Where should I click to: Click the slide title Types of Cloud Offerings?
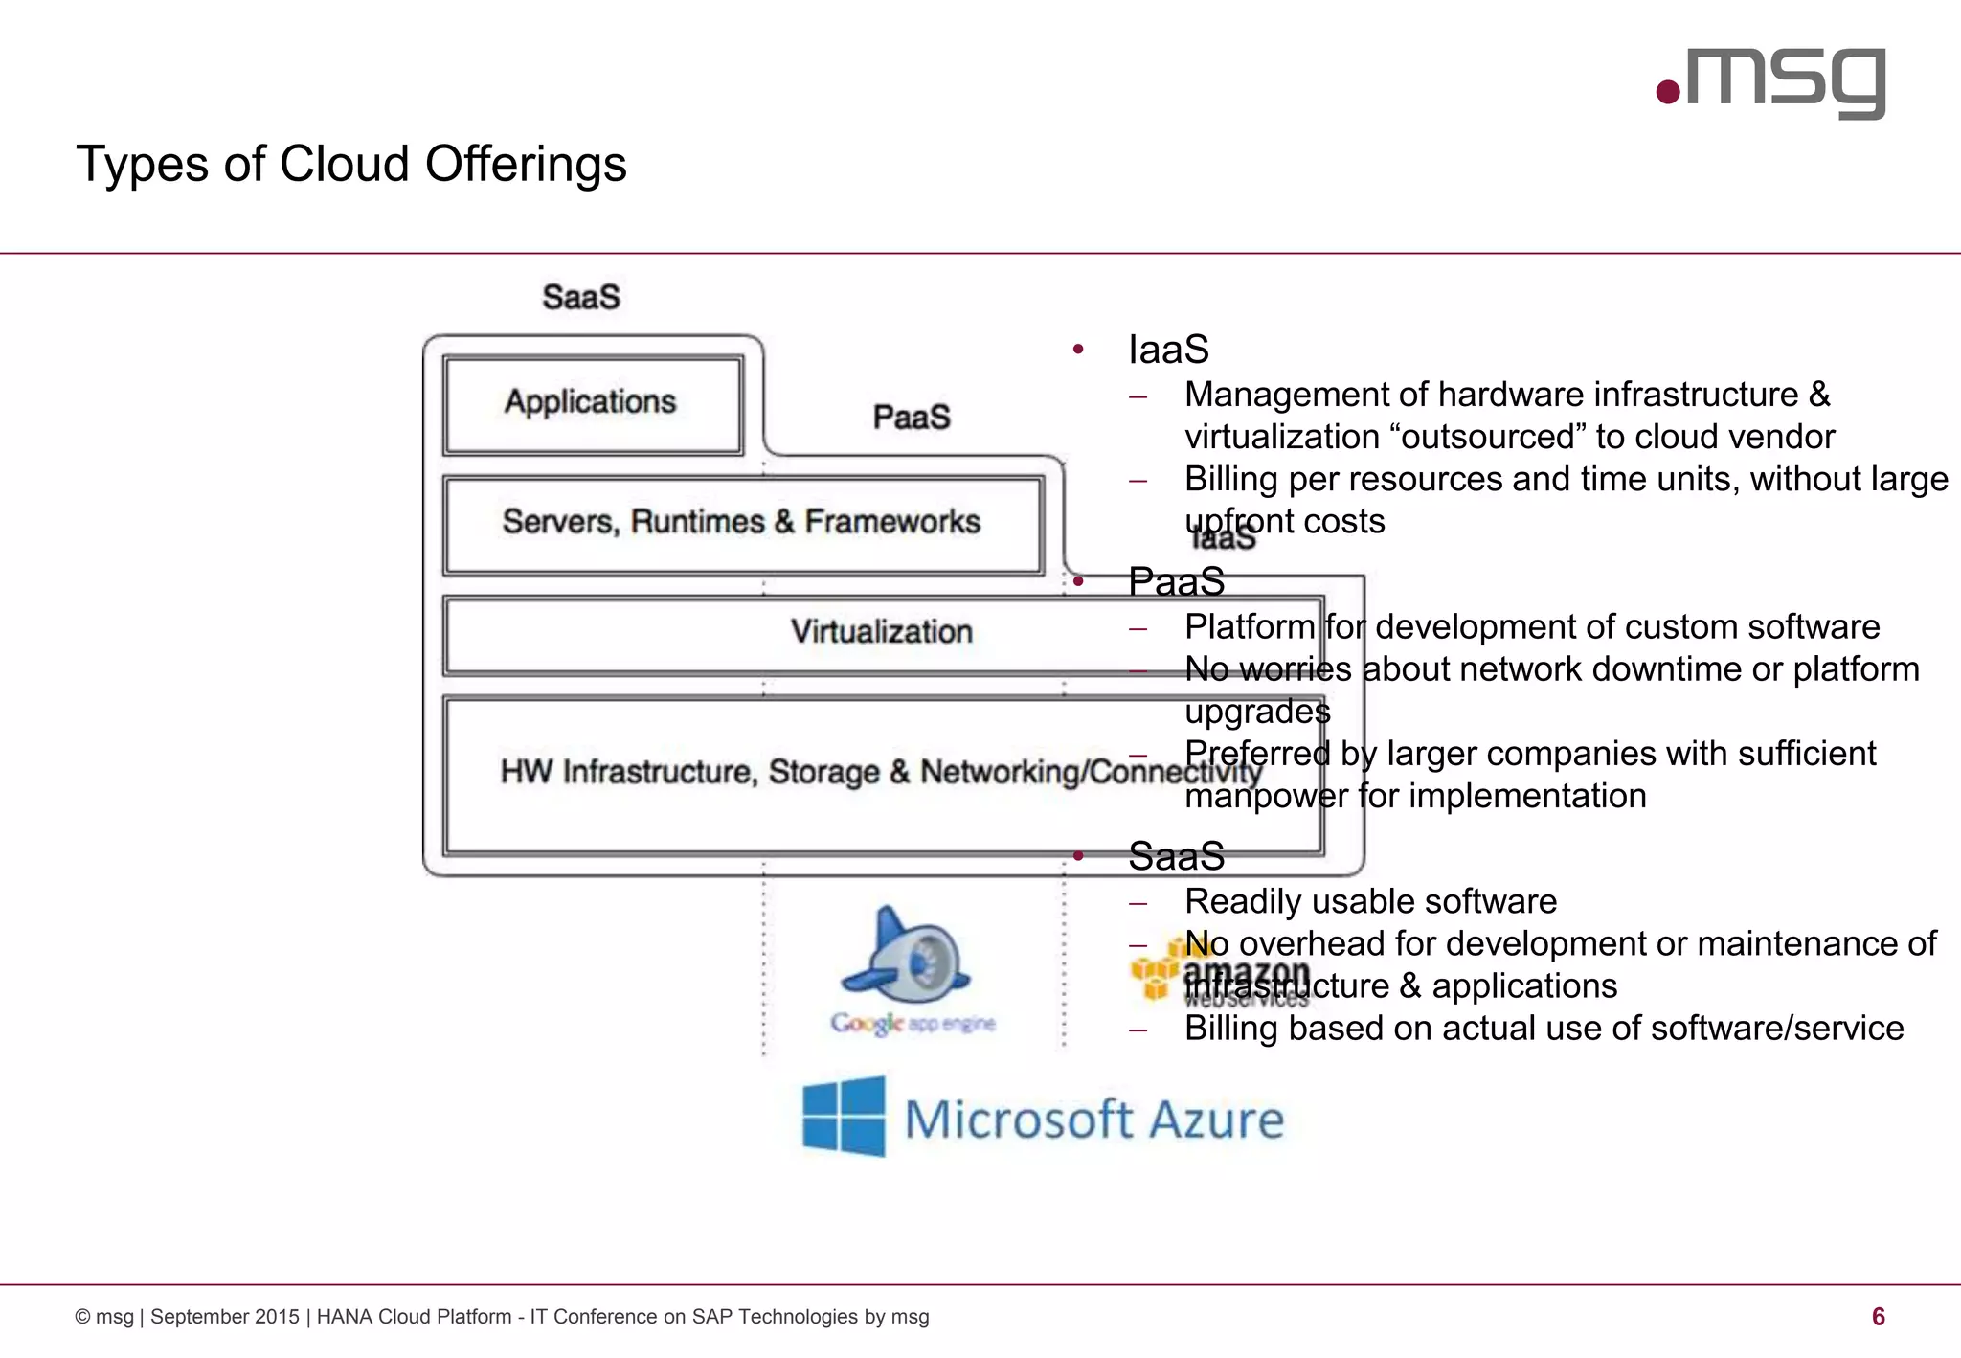(x=350, y=164)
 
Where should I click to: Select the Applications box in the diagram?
(x=592, y=403)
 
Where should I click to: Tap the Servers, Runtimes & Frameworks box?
(x=742, y=523)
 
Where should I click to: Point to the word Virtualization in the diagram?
(x=881, y=632)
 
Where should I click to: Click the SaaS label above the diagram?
(x=580, y=297)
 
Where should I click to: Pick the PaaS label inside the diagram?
(x=912, y=418)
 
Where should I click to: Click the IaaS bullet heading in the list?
(x=1168, y=350)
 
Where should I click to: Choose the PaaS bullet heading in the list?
(x=1176, y=581)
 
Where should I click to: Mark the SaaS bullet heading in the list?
(x=1176, y=856)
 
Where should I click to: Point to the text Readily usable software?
(x=1370, y=901)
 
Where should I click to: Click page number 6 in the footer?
(x=1878, y=1317)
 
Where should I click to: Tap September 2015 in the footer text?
(x=224, y=1317)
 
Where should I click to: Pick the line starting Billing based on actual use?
(x=1544, y=1029)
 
